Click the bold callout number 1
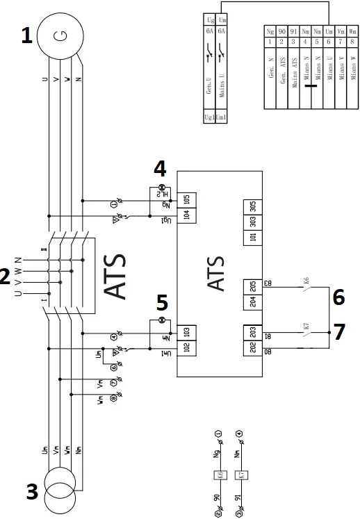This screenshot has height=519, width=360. point(26,36)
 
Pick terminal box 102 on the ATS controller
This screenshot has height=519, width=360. point(186,347)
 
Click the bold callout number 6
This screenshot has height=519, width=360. point(338,297)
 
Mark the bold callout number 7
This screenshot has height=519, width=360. point(338,332)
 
